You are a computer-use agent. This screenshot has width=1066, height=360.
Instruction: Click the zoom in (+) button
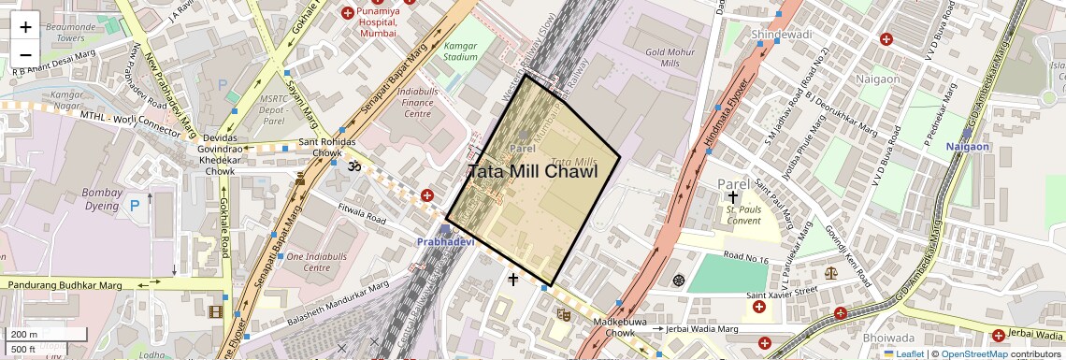(x=25, y=27)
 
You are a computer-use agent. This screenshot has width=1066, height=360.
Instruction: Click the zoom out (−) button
(x=25, y=55)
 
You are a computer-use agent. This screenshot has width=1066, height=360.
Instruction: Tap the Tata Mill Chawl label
(x=532, y=172)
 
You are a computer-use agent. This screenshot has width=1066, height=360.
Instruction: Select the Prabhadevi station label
(x=446, y=242)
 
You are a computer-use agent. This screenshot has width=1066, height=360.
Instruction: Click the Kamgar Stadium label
(x=460, y=50)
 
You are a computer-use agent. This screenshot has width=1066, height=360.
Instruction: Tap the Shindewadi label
(x=782, y=35)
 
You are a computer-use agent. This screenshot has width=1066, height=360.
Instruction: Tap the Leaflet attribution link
(x=903, y=353)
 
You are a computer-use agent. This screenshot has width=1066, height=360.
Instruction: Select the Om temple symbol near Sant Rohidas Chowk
(x=354, y=166)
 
